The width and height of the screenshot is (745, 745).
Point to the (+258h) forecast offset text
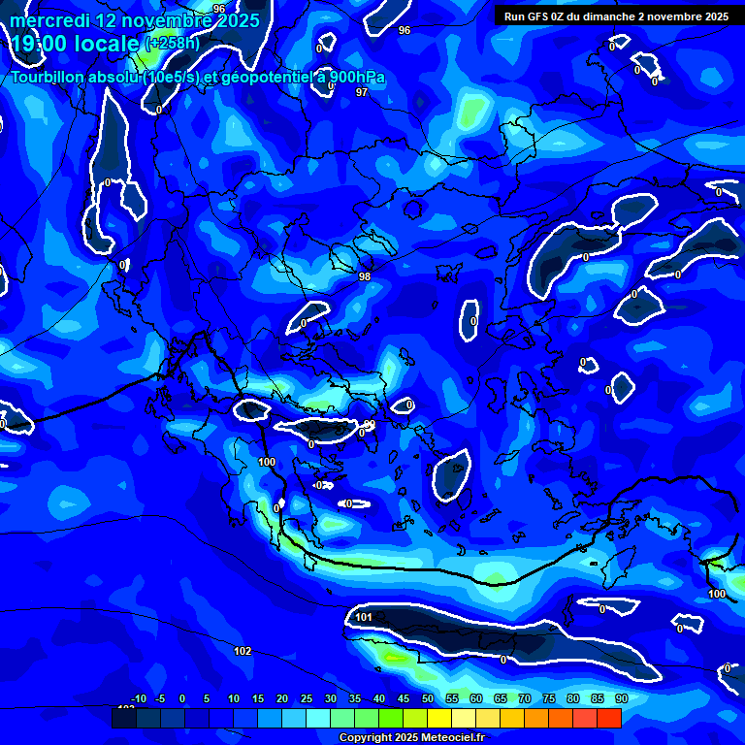click(173, 43)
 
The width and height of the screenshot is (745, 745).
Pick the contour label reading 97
click(362, 92)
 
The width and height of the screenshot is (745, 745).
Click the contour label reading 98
click(365, 276)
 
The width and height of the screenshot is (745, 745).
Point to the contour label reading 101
click(364, 617)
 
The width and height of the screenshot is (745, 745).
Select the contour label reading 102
click(243, 651)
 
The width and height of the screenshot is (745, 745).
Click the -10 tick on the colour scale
click(138, 698)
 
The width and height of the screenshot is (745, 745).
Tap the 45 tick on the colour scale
click(404, 698)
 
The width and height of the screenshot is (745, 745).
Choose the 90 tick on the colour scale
click(621, 698)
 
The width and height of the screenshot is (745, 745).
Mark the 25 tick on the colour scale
click(307, 698)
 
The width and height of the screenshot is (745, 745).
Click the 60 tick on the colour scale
click(476, 698)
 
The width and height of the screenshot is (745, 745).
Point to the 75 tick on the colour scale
click(549, 698)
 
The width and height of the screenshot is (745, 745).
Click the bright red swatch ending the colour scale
click(608, 718)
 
